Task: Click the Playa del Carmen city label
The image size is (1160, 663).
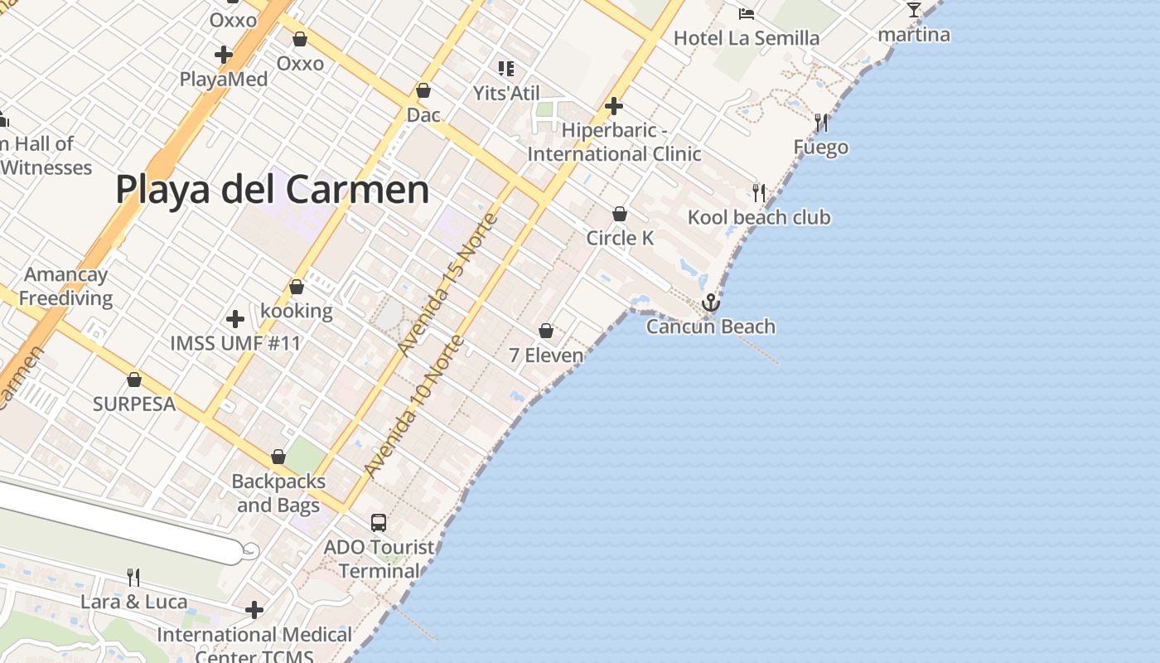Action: pyautogui.click(x=272, y=189)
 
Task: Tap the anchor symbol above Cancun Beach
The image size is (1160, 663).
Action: pyautogui.click(x=710, y=302)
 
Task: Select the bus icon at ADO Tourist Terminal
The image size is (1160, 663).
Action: pyautogui.click(x=379, y=523)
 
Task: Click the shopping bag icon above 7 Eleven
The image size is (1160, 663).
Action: pyautogui.click(x=546, y=331)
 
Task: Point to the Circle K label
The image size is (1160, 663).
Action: pyautogui.click(x=620, y=238)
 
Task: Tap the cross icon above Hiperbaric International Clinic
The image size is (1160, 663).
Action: pyautogui.click(x=614, y=106)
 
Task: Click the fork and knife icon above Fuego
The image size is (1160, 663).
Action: pyautogui.click(x=821, y=123)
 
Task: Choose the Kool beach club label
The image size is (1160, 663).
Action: pyautogui.click(x=759, y=217)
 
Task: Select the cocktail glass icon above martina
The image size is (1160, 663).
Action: pyautogui.click(x=914, y=10)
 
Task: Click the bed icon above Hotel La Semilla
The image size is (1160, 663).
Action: pyautogui.click(x=747, y=13)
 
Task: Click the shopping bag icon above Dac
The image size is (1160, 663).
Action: pyautogui.click(x=423, y=90)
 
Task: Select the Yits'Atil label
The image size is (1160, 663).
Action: pyautogui.click(x=506, y=93)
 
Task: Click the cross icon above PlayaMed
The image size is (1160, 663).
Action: pyautogui.click(x=224, y=55)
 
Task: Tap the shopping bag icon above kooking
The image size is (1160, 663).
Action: pyautogui.click(x=297, y=287)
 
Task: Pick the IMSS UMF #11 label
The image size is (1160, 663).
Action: pyautogui.click(x=235, y=343)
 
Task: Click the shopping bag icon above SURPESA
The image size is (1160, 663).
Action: pyautogui.click(x=134, y=380)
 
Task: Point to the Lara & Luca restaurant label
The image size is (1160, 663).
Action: pyautogui.click(x=134, y=602)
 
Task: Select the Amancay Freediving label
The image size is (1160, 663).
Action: pyautogui.click(x=66, y=286)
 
